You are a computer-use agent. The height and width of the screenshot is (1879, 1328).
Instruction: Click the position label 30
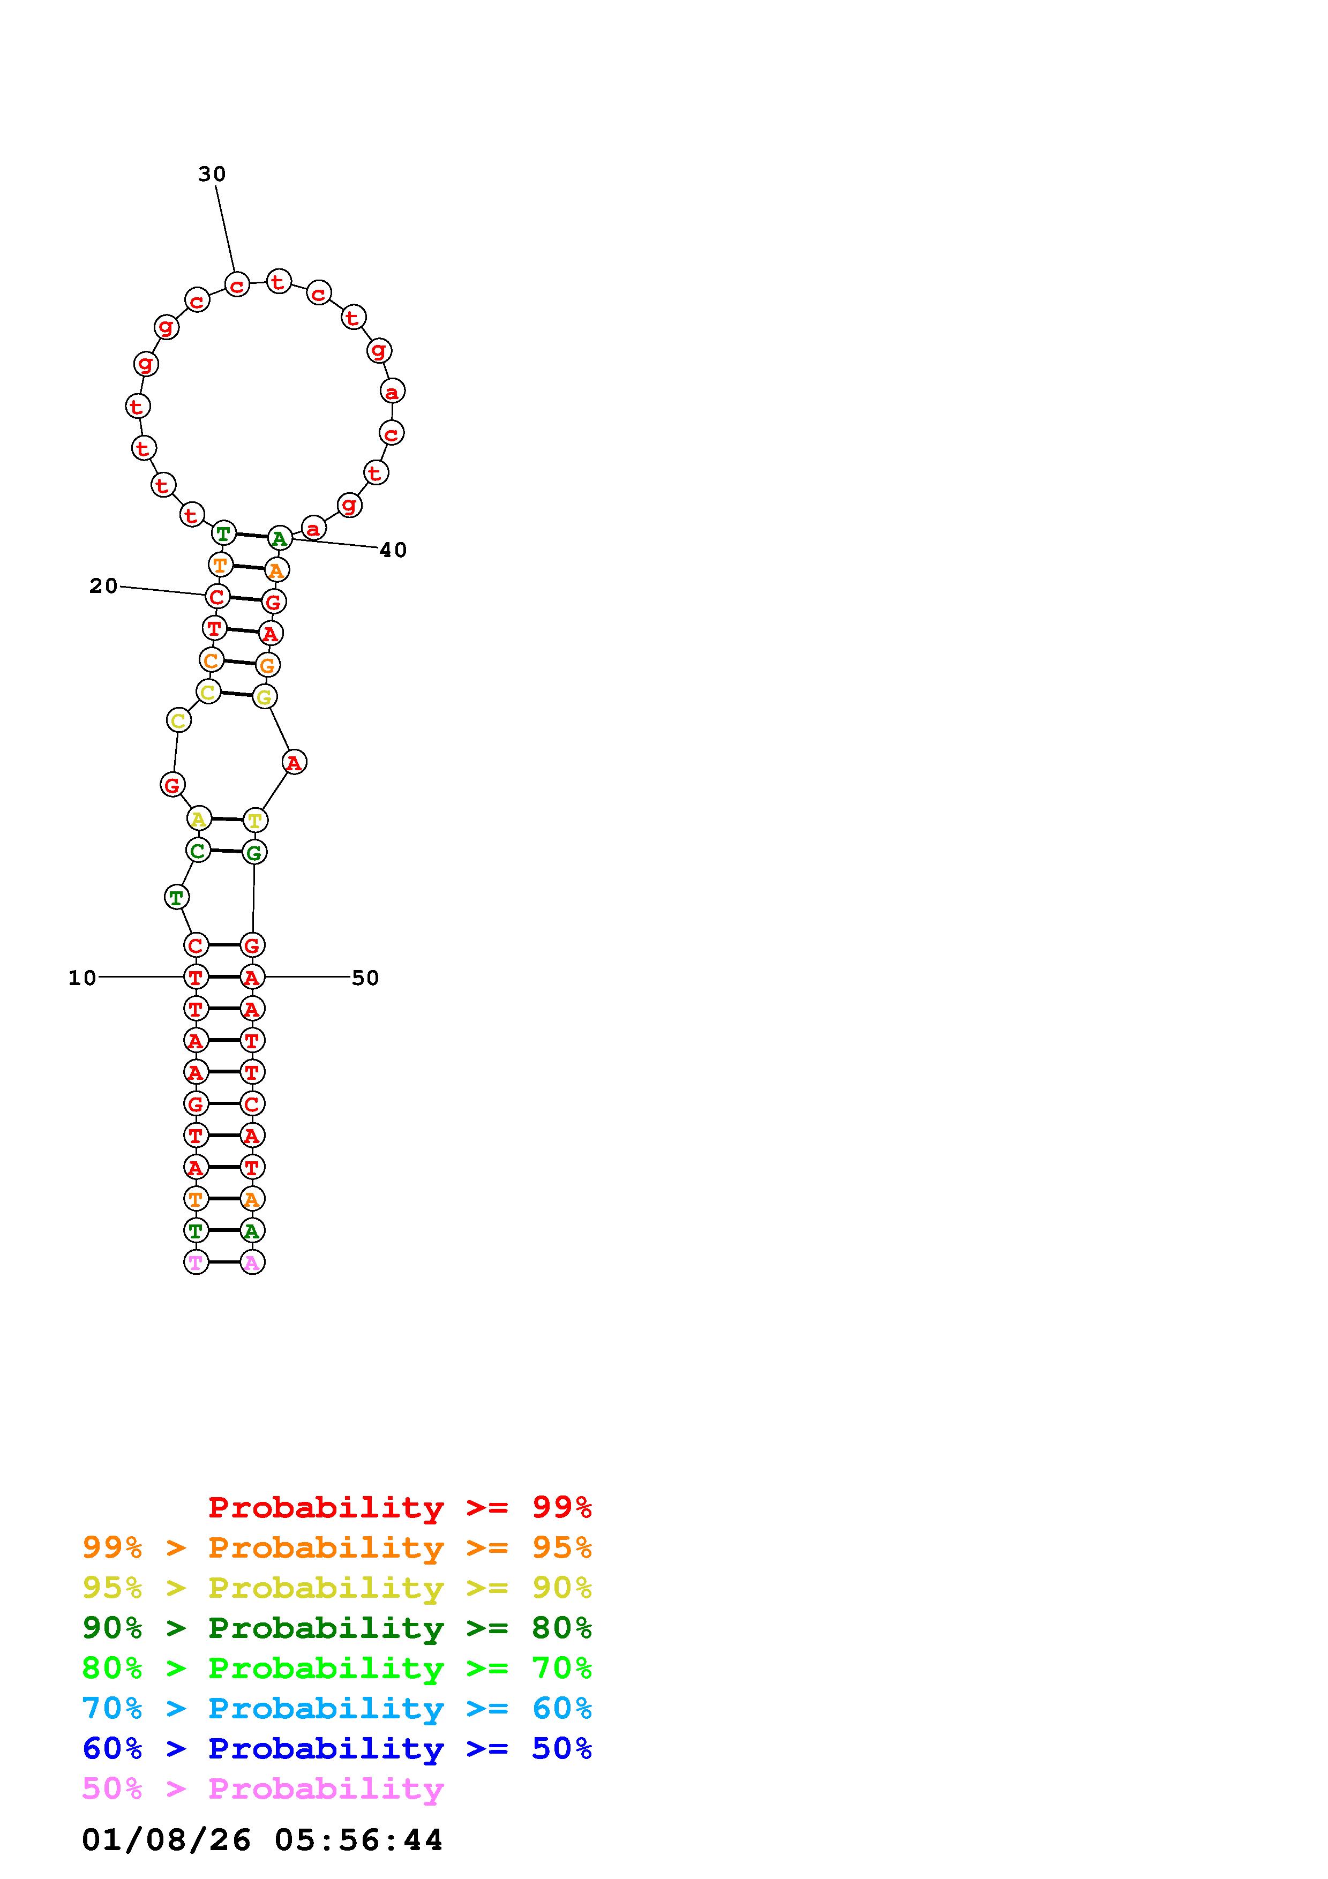(212, 174)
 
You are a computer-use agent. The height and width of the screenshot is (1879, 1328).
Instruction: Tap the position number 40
(393, 550)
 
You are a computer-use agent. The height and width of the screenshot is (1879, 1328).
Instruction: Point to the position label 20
(104, 586)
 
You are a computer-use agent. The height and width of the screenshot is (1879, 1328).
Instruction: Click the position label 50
(365, 978)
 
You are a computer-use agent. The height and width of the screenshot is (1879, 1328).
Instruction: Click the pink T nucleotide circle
(196, 1262)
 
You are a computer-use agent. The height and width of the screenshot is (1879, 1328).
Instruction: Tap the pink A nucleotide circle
(252, 1262)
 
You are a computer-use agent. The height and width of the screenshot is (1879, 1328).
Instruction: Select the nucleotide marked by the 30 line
(236, 285)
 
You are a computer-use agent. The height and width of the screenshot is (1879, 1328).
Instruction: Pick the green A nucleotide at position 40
(280, 538)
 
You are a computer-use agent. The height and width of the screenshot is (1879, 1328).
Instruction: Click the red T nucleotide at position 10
(196, 977)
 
